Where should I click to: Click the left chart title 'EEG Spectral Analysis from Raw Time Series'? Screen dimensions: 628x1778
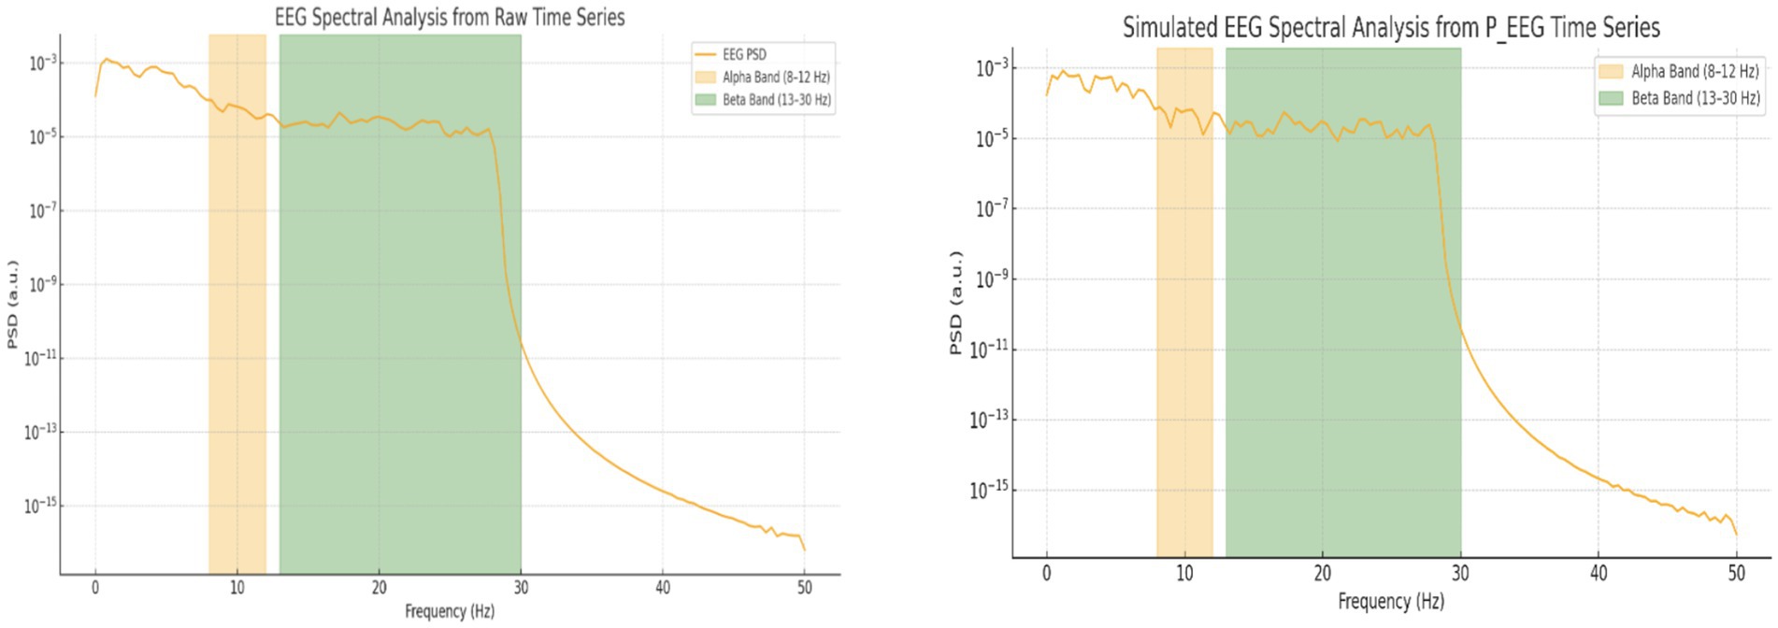(450, 17)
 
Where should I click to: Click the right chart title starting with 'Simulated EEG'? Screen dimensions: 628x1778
(1391, 27)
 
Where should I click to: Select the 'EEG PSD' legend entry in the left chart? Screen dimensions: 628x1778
(744, 54)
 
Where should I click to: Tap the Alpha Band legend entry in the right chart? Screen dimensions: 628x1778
(1694, 71)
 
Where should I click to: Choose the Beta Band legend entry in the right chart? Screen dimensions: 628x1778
(1695, 97)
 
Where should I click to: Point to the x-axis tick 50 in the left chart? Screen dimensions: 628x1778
(804, 588)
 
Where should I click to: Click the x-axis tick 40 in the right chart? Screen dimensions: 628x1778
(1599, 573)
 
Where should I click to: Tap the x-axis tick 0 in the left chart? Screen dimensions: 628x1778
(94, 588)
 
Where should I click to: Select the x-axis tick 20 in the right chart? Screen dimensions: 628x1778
(1322, 573)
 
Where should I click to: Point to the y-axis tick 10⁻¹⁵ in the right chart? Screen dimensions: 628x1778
(989, 490)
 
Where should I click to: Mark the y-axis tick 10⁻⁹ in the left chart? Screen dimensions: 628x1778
(41, 284)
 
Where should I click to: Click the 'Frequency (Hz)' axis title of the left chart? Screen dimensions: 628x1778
(449, 611)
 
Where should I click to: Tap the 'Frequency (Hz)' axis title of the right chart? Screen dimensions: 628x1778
(1390, 601)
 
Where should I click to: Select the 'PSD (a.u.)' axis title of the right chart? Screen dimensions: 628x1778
(955, 303)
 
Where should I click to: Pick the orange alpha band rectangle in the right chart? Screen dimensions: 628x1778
(1184, 299)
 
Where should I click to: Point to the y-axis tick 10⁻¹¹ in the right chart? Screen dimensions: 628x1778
(989, 350)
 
